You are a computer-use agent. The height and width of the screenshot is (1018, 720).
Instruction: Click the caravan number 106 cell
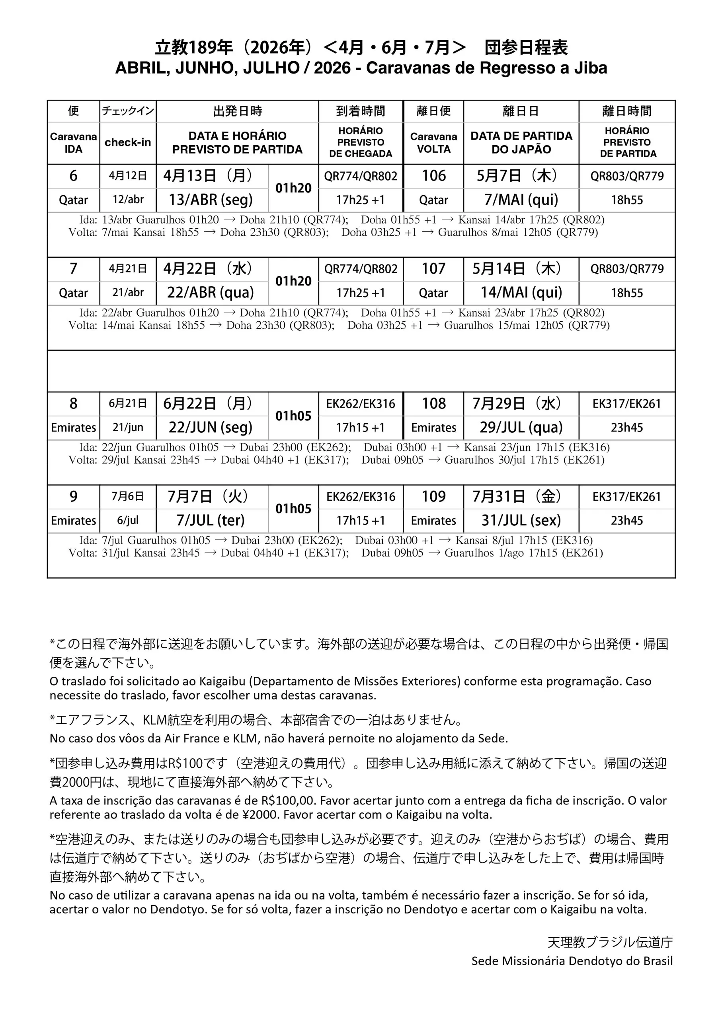point(433,176)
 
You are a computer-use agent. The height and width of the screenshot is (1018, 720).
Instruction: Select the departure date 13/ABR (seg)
point(211,200)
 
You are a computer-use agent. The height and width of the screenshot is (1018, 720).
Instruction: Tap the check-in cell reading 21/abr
point(128,293)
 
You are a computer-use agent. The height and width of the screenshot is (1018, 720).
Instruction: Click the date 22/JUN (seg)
point(211,427)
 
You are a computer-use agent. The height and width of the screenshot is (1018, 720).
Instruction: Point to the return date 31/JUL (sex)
point(521,520)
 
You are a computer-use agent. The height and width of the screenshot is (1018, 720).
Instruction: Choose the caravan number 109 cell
point(433,497)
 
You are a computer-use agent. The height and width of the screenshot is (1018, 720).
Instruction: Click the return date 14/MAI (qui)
point(521,293)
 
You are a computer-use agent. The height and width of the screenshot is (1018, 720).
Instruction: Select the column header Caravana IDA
point(73,143)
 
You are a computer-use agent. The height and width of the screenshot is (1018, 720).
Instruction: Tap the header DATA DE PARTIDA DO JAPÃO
point(521,143)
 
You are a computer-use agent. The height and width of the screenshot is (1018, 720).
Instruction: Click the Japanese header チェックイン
point(128,111)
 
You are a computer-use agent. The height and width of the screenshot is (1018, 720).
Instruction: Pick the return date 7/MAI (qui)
point(521,200)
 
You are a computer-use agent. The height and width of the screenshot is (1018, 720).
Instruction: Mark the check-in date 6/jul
point(128,520)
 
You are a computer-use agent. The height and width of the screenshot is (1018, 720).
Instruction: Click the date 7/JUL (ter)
point(211,520)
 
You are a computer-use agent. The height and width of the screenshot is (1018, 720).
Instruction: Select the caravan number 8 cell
point(73,404)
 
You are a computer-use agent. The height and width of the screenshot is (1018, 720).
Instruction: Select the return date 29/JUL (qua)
point(521,427)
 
